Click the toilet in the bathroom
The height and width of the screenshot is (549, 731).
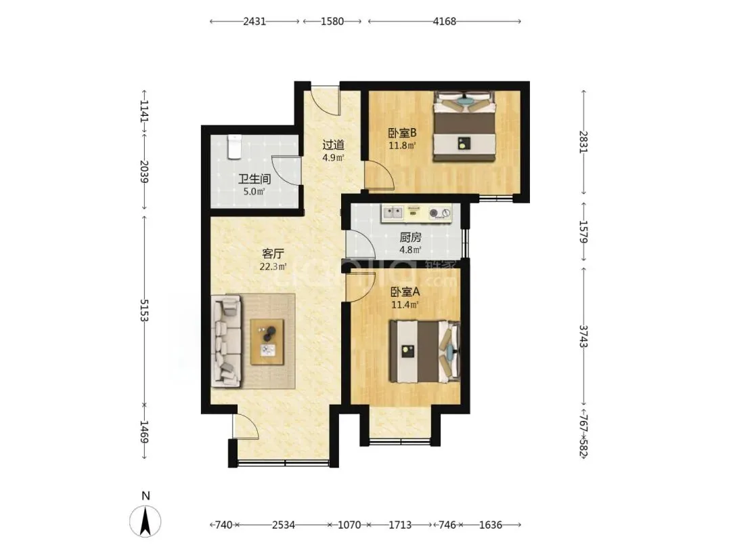pos(234,146)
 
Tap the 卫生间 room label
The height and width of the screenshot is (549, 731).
pos(254,179)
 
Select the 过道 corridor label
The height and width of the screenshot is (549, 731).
pos(333,145)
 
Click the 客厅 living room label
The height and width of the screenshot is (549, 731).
pos(273,254)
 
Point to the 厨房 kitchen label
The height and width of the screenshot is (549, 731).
pos(410,238)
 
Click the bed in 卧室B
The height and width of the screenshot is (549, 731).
pos(464,126)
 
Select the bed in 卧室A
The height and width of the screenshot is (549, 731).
pos(424,352)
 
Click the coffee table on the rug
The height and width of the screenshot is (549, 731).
pos(267,342)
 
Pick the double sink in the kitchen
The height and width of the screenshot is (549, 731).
pos(393,213)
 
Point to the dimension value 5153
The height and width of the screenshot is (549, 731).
pos(143,310)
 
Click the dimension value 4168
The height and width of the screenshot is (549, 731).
pos(444,22)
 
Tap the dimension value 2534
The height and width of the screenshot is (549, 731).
pos(284,525)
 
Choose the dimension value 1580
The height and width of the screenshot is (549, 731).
pos(332,22)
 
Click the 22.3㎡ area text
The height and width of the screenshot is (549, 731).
pos(273,267)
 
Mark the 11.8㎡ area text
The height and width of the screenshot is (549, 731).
pos(402,146)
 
